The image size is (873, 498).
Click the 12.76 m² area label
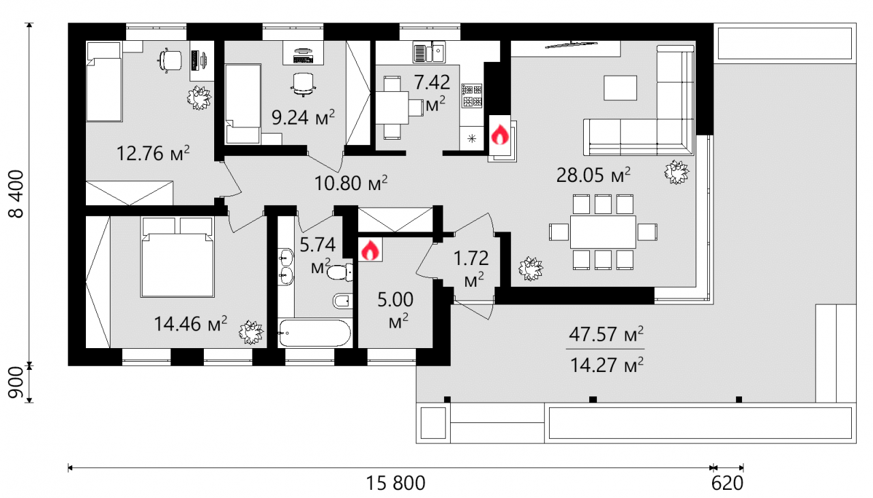click(x=153, y=153)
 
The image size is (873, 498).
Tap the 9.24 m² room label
click(x=304, y=117)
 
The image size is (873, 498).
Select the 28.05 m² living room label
click(x=593, y=175)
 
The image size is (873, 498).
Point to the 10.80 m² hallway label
click(x=351, y=183)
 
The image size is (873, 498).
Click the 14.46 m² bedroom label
click(x=190, y=324)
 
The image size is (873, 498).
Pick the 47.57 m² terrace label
click(x=606, y=334)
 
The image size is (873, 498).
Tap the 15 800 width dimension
click(x=396, y=484)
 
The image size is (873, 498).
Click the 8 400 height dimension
click(x=17, y=193)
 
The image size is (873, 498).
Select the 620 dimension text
click(x=727, y=484)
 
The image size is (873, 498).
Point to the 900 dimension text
click(x=17, y=382)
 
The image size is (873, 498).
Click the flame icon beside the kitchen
click(x=500, y=135)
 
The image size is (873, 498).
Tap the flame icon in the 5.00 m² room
click(x=370, y=249)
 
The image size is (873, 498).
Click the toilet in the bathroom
click(x=340, y=273)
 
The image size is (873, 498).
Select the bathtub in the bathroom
click(x=315, y=333)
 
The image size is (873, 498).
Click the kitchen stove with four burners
click(x=471, y=96)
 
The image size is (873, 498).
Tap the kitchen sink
click(x=429, y=53)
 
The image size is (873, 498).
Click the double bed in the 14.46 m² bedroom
click(x=177, y=258)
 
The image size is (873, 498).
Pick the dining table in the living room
click(x=603, y=232)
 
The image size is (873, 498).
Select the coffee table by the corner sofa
click(x=621, y=88)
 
